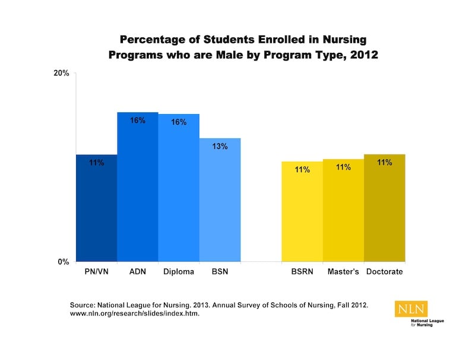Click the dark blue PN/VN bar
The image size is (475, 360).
pos(96,208)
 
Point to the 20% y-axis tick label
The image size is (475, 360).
pos(62,73)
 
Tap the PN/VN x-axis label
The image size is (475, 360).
pos(96,273)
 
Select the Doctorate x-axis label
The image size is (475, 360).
pos(385,273)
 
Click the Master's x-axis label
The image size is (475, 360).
pos(343,273)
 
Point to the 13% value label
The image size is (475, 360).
pos(220,147)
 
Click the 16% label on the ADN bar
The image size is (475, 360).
pos(138,121)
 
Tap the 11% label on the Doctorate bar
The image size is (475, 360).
pos(384,162)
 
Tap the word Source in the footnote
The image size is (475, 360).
pos(83,305)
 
